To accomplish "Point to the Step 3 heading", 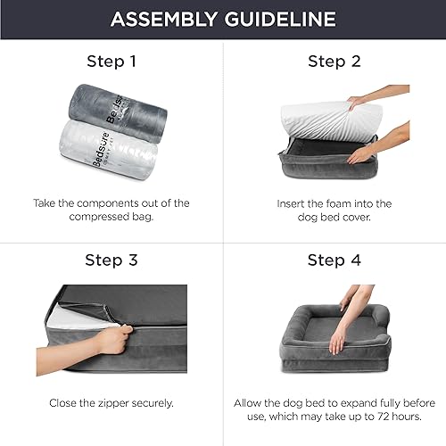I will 111,260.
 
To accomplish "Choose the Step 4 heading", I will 334,260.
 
